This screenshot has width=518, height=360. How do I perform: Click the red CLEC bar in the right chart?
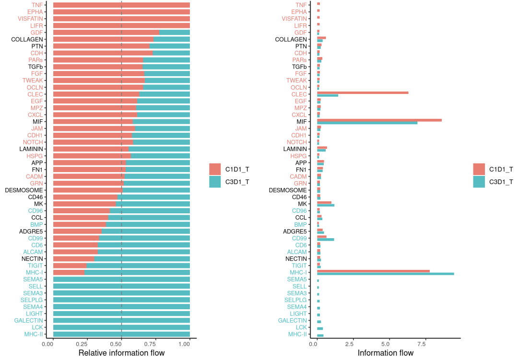pos(363,93)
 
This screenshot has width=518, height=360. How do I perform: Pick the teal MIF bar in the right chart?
pos(367,123)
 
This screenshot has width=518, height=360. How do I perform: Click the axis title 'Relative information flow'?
pos(121,353)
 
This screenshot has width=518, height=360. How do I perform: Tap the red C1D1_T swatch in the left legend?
pos(215,169)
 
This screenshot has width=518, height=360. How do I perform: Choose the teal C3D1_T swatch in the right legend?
pos(479,182)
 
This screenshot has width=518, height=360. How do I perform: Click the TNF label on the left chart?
pos(37,5)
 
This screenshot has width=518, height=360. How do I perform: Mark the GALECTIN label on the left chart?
pos(29,320)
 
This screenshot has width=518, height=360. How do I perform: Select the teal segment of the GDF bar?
pos(174,33)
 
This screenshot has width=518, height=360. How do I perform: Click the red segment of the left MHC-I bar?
pos(69,272)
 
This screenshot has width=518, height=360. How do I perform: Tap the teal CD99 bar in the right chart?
pos(325,240)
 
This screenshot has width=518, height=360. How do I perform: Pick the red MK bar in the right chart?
pos(324,203)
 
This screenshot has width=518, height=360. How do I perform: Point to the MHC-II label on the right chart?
pos(297,334)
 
